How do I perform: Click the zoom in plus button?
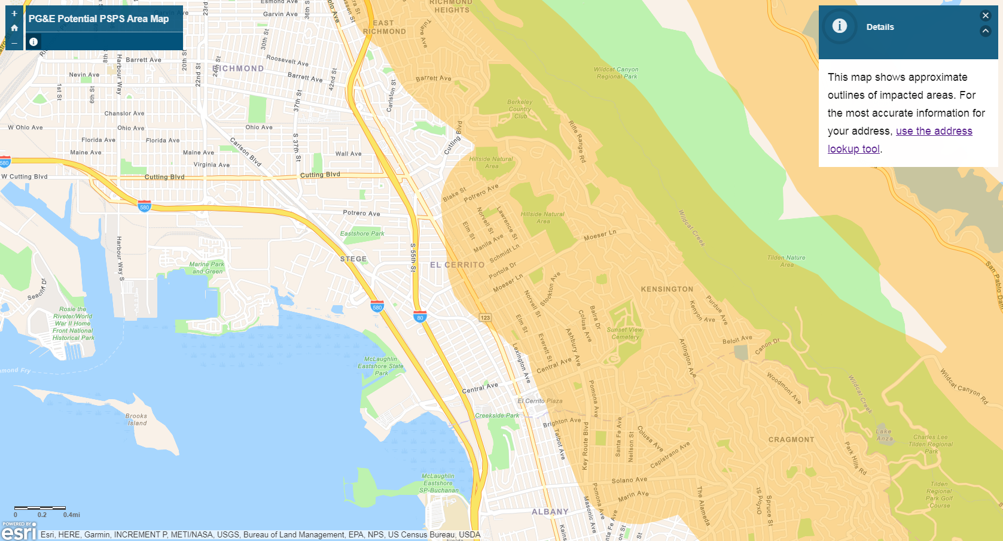click(14, 13)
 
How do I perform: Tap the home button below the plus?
click(14, 28)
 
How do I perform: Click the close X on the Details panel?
click(986, 16)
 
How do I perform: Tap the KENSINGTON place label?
click(667, 289)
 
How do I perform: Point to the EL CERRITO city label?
click(457, 265)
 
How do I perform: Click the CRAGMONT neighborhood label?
click(791, 439)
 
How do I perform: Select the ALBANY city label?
click(550, 512)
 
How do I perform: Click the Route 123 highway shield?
click(485, 318)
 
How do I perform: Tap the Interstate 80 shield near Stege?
click(420, 317)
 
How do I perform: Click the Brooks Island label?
click(136, 420)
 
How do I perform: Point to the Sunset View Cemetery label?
click(625, 333)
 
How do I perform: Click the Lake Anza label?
click(883, 435)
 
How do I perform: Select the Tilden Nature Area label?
click(786, 261)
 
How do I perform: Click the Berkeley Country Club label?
click(520, 109)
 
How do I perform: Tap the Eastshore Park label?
click(362, 233)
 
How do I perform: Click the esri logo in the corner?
click(19, 531)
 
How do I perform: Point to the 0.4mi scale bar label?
click(71, 515)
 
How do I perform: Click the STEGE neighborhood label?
click(353, 259)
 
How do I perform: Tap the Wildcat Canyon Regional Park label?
click(616, 73)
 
